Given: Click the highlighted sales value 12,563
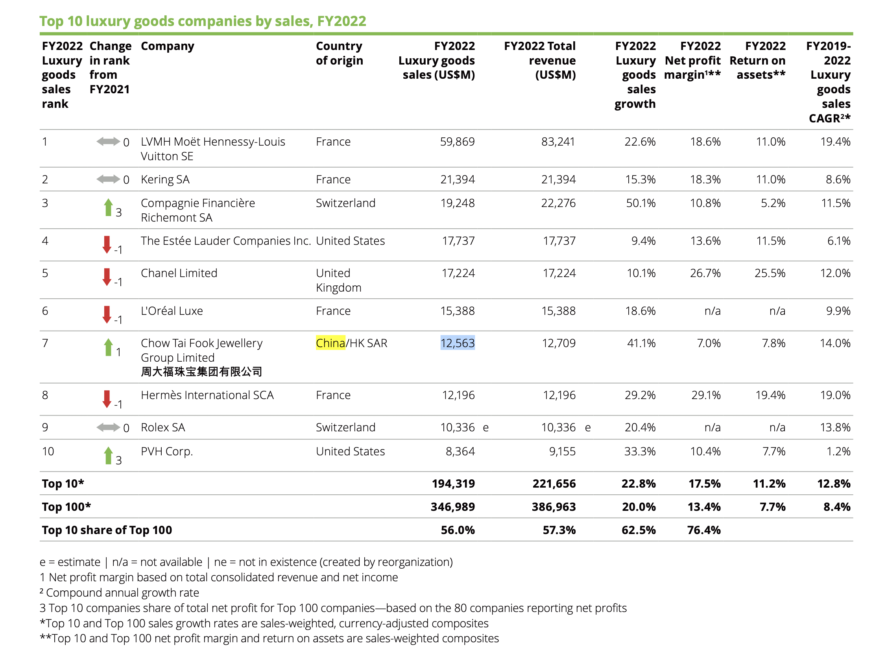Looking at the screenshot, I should (457, 343).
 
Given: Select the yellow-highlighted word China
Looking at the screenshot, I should (330, 343).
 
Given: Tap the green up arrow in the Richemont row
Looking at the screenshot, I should (108, 207).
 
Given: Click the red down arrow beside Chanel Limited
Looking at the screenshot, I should (107, 277).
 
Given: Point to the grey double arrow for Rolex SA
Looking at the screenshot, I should (108, 427).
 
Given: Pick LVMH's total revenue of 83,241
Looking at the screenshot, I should (558, 142).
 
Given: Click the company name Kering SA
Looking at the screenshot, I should (165, 179).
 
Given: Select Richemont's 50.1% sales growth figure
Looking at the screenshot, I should (641, 203).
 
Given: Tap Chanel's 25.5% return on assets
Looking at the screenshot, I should (770, 273).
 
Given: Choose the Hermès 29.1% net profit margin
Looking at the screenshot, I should (706, 395).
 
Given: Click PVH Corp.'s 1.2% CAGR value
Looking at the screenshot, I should (838, 451).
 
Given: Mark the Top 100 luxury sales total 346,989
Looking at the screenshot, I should (452, 507).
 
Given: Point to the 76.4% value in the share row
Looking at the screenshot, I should (704, 530).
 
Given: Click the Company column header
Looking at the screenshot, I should (168, 46).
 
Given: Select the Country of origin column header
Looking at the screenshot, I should (339, 54).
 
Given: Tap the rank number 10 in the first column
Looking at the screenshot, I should (48, 451).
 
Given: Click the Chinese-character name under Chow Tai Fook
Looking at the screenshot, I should (201, 372).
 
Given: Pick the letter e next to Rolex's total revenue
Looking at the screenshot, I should (588, 427).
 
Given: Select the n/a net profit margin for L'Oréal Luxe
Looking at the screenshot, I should (713, 311).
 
